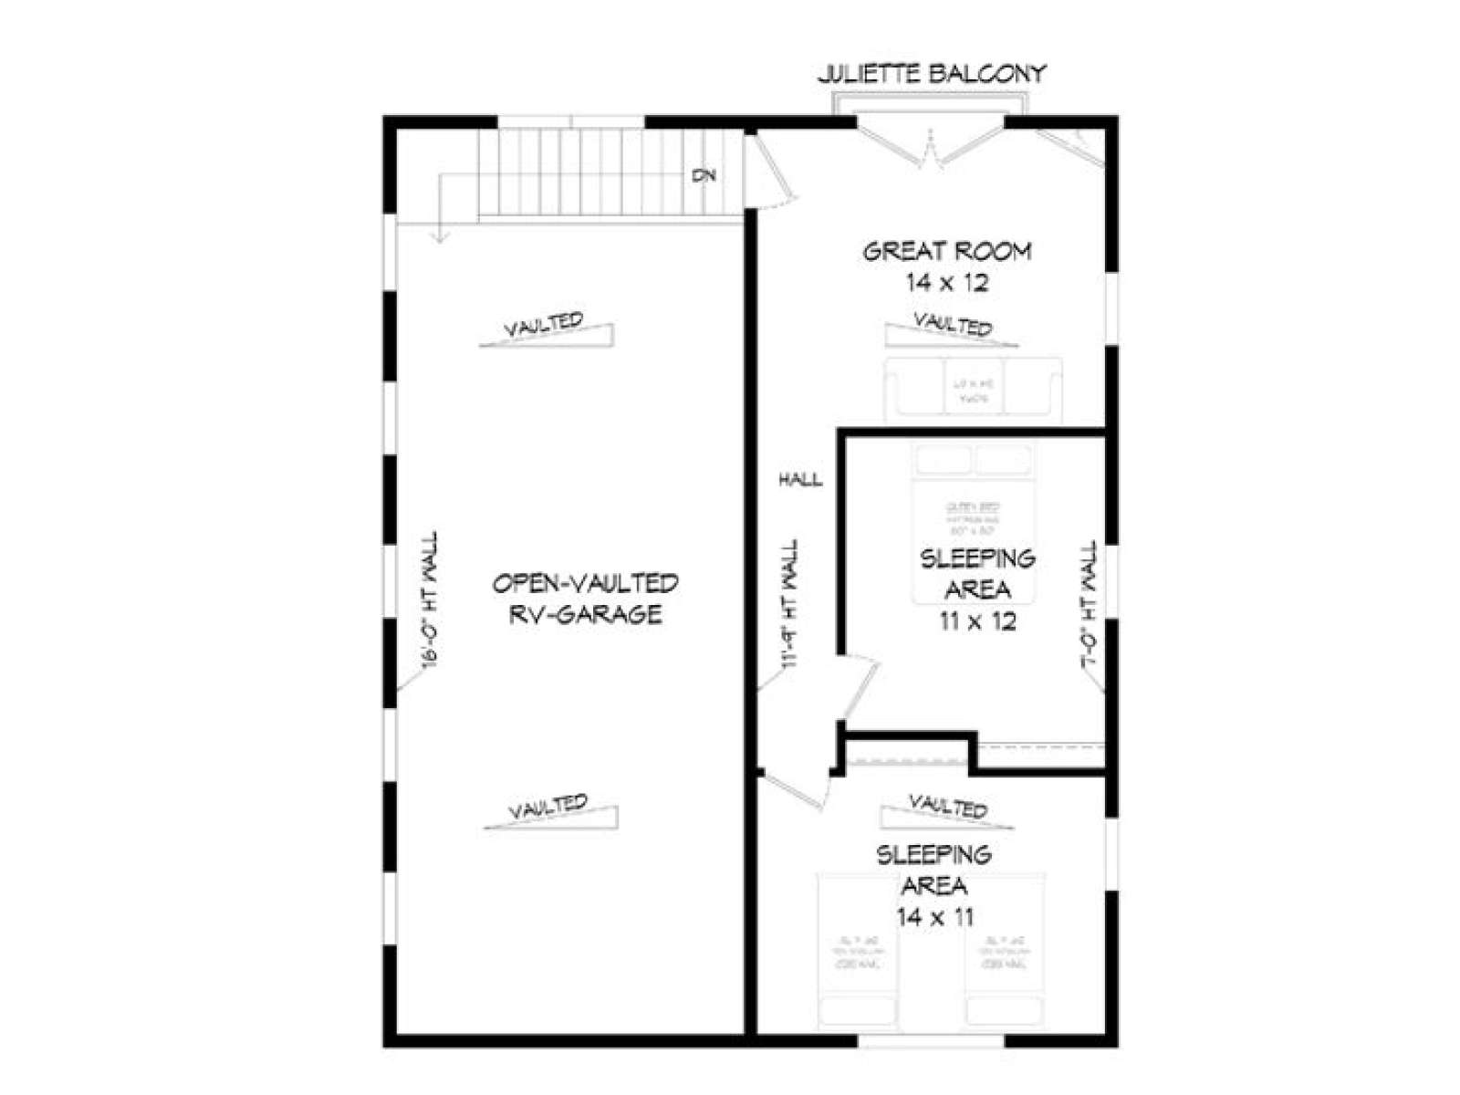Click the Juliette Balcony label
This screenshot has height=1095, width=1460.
pos(931,74)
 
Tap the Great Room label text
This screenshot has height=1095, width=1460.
pos(947,251)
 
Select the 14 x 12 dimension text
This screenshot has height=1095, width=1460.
pos(947,283)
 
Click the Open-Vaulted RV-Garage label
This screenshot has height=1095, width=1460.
pos(585,599)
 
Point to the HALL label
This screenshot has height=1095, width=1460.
pos(800,479)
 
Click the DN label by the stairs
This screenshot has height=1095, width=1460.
pos(704,175)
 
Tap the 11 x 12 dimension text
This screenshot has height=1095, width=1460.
pos(977,621)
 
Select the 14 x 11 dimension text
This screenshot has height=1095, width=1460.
pos(935,917)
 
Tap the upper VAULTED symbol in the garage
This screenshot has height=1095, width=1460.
pos(546,330)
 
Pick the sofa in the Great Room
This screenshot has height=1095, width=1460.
pos(973,390)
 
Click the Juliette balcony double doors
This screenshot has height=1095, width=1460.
pos(931,146)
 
